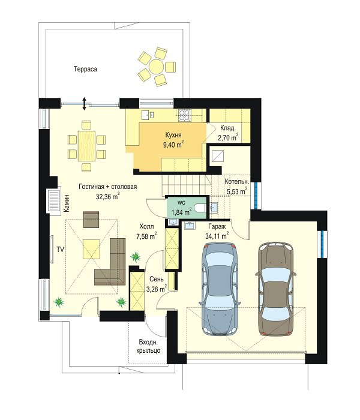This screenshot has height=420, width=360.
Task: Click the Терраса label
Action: point(85,69)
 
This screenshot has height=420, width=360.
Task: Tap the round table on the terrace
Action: point(157,67)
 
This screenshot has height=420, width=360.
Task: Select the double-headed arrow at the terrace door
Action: point(84,104)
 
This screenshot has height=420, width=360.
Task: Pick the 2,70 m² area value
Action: point(228,137)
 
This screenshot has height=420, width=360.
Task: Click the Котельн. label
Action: point(237,182)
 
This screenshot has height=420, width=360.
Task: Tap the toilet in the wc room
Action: point(200,208)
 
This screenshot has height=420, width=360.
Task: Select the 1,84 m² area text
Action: point(181,212)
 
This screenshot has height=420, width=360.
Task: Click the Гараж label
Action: point(217,227)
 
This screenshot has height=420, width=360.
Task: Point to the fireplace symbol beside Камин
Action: point(53,201)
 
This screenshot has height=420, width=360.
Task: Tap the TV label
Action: point(60,250)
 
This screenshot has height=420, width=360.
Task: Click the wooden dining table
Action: point(86,146)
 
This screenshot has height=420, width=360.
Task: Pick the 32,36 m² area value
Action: point(107,197)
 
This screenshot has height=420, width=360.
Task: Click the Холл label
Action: point(147,227)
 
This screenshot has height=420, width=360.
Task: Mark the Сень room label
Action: point(157,279)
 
